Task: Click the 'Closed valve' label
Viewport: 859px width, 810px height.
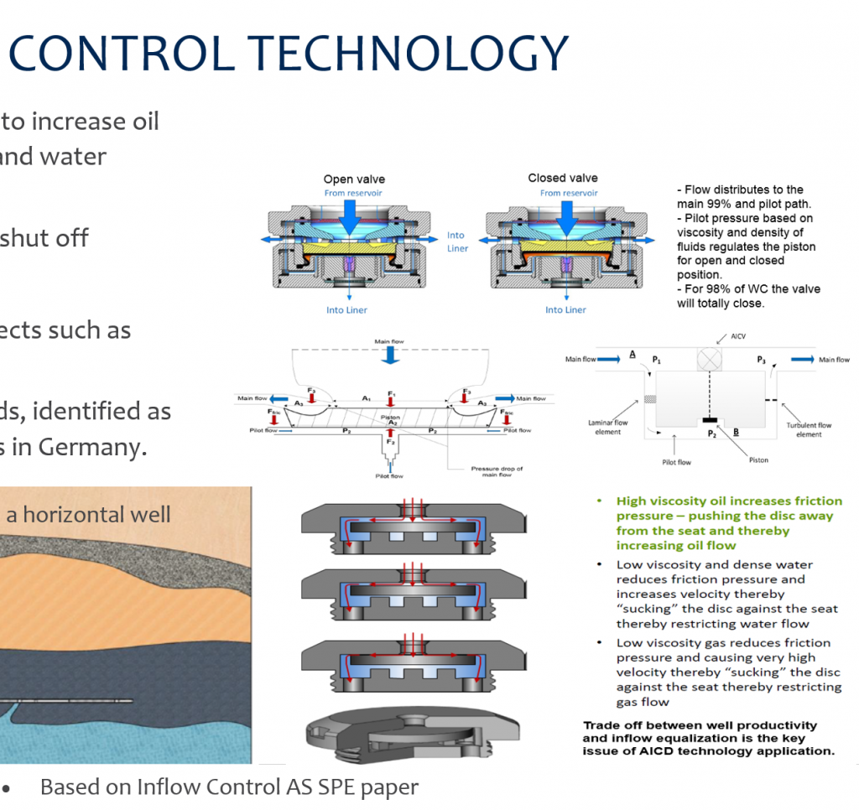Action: [x=562, y=178]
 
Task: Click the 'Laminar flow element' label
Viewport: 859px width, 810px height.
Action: [x=608, y=428]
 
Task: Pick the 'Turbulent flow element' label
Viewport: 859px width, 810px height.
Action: [x=809, y=430]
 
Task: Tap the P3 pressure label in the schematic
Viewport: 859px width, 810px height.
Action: [x=761, y=358]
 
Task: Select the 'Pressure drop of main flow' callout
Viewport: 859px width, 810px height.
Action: [x=497, y=472]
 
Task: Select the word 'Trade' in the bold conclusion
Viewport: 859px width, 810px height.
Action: [x=602, y=725]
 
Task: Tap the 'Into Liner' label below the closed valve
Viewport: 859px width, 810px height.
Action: [x=565, y=310]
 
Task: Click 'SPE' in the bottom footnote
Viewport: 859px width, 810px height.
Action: [x=321, y=787]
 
